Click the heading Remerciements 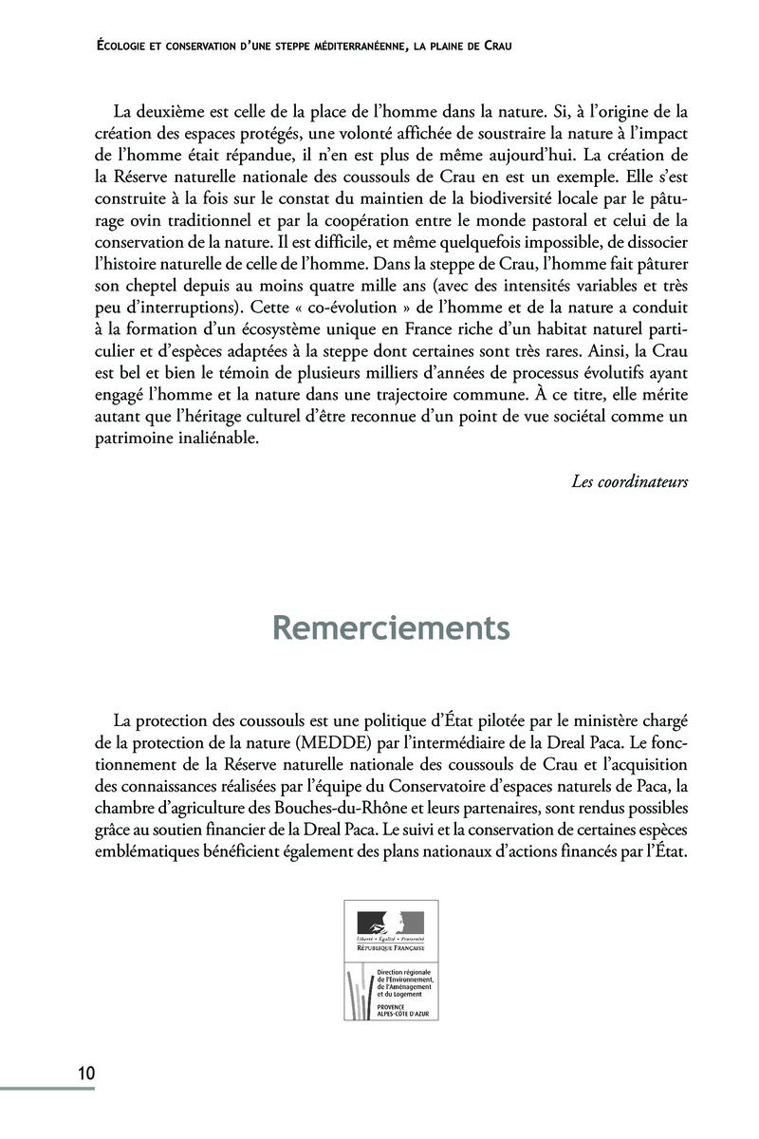click(x=390, y=628)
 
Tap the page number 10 click(x=85, y=1074)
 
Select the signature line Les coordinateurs click(x=630, y=480)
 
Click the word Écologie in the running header click(x=129, y=46)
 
